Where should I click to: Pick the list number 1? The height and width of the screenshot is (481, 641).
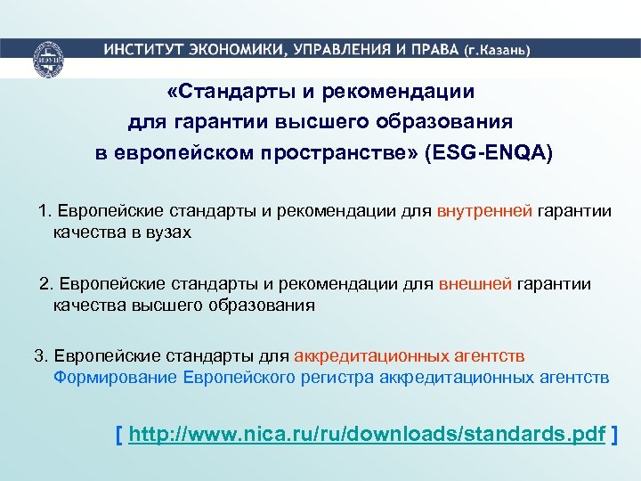(45, 211)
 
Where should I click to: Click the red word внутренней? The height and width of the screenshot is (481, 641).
(485, 211)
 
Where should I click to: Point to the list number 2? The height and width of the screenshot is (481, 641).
(46, 284)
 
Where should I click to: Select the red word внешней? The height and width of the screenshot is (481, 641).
(475, 284)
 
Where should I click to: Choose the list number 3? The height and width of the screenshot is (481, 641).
(40, 356)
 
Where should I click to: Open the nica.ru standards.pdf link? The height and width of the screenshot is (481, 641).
(367, 435)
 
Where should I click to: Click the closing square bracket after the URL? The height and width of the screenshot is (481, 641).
(617, 435)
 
